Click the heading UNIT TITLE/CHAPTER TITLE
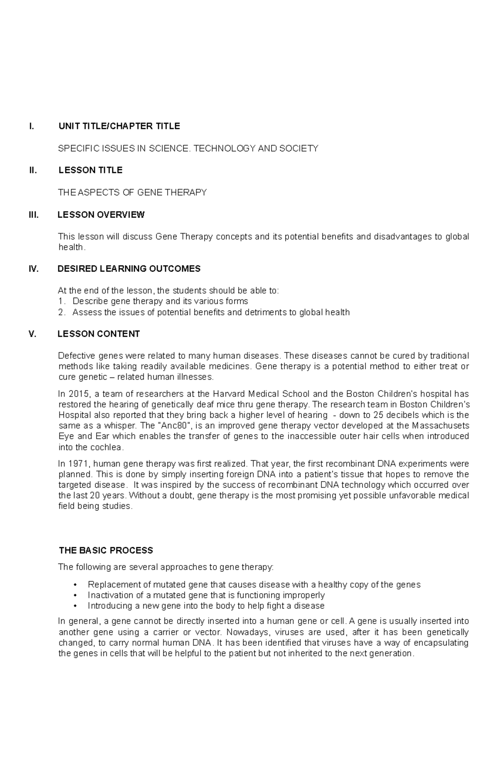[119, 126]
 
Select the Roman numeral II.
[33, 170]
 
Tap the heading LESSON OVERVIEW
[101, 215]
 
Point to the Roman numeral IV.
[34, 269]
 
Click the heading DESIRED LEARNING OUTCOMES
[129, 269]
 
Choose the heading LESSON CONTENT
[99, 334]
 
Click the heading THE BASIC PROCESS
[106, 551]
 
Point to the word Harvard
[228, 394]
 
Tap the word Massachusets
[440, 426]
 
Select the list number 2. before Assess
[62, 312]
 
